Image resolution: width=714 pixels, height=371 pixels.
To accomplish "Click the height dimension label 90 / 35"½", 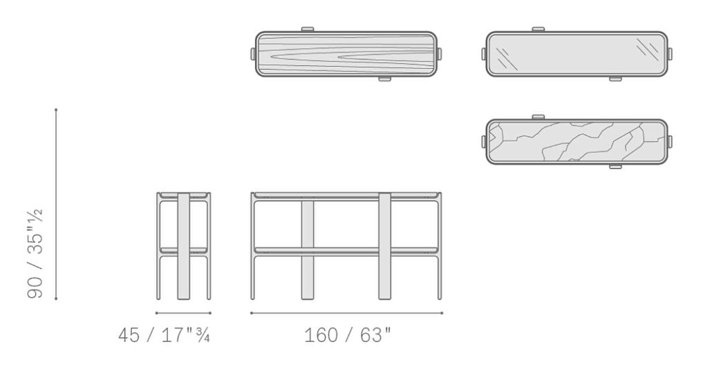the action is click(x=35, y=254).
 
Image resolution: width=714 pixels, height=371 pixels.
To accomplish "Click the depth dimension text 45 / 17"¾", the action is click(x=164, y=336).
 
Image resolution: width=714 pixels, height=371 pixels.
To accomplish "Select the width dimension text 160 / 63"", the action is click(x=348, y=336).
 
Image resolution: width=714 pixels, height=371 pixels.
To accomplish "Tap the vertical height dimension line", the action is click(x=56, y=204).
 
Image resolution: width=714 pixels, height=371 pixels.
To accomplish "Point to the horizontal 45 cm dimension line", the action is click(x=183, y=313).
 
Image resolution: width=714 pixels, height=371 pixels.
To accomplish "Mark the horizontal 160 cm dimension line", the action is click(x=346, y=313).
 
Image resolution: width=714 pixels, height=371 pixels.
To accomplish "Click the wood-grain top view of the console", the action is click(x=346, y=54).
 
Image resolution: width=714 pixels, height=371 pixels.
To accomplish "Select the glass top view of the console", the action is click(x=577, y=54).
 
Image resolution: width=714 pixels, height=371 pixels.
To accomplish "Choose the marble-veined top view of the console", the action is click(x=577, y=142).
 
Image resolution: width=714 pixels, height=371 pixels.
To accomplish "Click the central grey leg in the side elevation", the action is click(x=183, y=246).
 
